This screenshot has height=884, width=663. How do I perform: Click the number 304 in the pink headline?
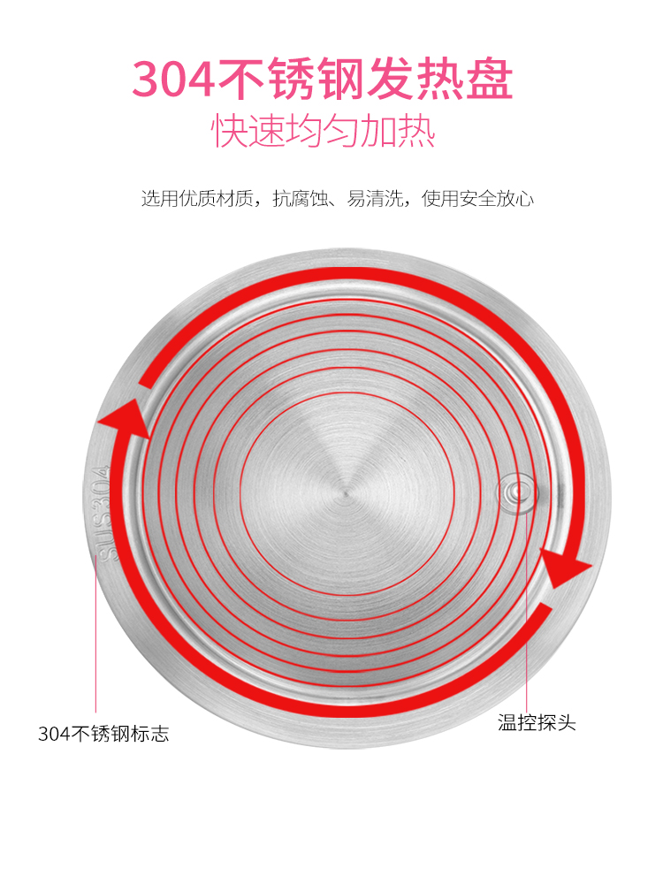tap(173, 79)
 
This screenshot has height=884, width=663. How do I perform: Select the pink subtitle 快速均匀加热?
tap(324, 132)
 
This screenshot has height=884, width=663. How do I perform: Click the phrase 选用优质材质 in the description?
tap(197, 198)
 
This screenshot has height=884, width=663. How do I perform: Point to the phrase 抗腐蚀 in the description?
tap(300, 198)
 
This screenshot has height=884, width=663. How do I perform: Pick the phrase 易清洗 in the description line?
tap(374, 198)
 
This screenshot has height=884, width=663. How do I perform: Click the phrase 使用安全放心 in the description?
tap(477, 198)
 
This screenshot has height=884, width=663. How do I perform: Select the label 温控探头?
tap(537, 722)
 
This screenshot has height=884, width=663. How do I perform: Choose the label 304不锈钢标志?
tap(103, 734)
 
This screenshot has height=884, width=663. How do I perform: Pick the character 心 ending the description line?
tap(524, 198)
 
